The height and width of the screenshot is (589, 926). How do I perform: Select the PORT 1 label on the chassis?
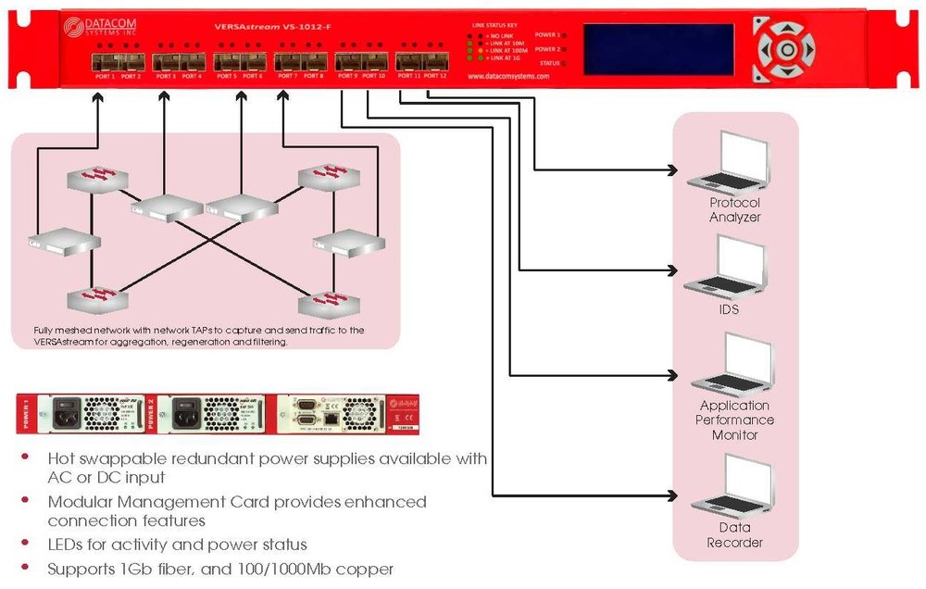[x=101, y=76]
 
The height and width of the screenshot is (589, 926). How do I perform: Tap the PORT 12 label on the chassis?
[x=435, y=76]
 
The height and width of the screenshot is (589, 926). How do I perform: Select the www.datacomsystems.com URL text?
[x=508, y=77]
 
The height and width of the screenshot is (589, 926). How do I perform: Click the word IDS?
[x=729, y=309]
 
